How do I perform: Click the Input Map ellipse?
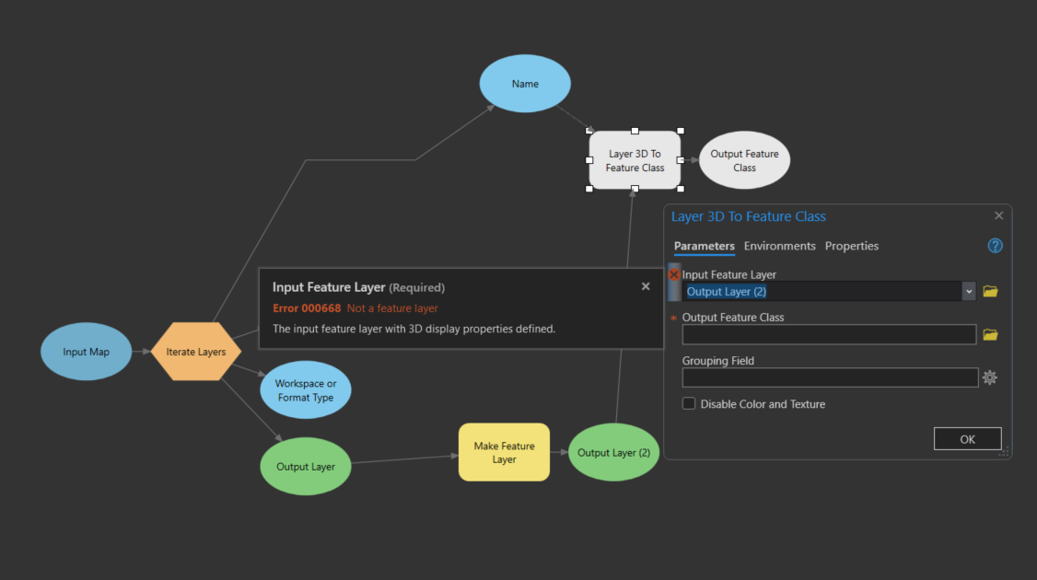[86, 352]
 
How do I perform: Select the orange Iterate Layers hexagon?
[196, 352]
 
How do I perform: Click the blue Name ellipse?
[525, 84]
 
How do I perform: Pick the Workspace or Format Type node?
[306, 390]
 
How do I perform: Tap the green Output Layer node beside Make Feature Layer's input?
[306, 466]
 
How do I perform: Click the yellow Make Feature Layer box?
[504, 452]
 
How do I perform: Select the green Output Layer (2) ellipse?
[613, 452]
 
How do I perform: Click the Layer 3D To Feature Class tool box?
[635, 160]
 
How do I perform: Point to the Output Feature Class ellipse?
[745, 160]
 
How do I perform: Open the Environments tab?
[780, 246]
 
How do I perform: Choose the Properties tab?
[852, 246]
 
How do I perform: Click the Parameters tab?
[705, 246]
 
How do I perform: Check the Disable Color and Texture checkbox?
[689, 403]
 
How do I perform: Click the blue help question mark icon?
[995, 246]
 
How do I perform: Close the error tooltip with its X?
[646, 286]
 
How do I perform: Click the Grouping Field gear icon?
[989, 377]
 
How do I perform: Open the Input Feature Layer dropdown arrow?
[969, 292]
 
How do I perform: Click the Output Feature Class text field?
[830, 334]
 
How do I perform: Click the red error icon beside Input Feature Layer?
[674, 274]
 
